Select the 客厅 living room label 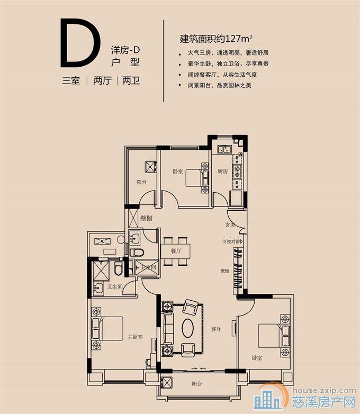click(215, 328)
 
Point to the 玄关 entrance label click(230, 225)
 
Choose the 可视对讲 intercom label click(231, 242)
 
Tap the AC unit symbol click(104, 241)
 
